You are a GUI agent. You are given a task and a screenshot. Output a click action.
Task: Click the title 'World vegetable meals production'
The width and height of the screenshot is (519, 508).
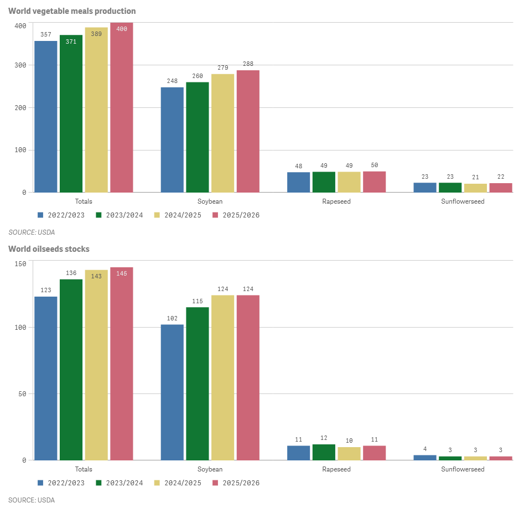[72, 11]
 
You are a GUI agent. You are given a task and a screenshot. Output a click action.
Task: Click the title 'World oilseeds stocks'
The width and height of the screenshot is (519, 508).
[49, 249]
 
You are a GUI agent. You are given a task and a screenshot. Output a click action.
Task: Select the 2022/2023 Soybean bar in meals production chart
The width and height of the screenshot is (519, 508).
[172, 139]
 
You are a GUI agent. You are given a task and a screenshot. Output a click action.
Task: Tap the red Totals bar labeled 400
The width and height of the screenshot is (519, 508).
[122, 108]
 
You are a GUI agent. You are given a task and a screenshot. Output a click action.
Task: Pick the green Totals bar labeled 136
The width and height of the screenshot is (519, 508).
[71, 369]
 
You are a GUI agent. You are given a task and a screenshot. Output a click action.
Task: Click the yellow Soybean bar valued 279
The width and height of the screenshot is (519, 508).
[222, 133]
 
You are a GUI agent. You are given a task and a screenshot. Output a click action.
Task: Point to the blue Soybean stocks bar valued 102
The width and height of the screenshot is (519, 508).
[172, 392]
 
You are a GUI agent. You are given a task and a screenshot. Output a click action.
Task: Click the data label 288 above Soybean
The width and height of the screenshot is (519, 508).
[248, 64]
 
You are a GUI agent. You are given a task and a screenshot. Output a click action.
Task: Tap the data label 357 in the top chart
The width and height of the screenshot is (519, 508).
[45, 34]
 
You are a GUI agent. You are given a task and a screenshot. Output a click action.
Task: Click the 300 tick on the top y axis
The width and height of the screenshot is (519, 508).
[20, 65]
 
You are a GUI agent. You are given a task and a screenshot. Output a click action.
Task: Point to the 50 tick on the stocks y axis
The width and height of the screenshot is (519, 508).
[22, 394]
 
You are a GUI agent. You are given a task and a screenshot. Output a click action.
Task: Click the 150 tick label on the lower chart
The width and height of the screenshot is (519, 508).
[20, 264]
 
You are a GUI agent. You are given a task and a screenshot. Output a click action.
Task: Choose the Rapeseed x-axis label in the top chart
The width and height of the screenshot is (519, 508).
[336, 201]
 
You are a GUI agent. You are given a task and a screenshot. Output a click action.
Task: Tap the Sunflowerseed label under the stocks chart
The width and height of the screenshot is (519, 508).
[463, 469]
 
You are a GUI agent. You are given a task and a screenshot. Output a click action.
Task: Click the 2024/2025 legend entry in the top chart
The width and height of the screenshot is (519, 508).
[178, 215]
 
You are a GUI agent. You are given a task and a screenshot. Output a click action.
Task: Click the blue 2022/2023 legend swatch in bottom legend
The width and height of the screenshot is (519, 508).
[40, 483]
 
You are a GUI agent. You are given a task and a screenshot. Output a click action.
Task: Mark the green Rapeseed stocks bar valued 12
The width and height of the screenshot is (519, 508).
[324, 452]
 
